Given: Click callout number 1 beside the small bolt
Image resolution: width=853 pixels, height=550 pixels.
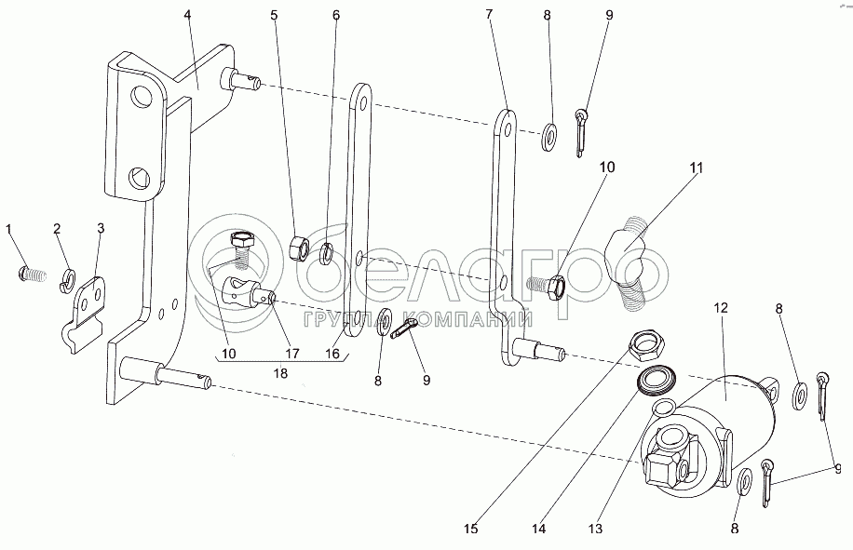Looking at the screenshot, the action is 10,228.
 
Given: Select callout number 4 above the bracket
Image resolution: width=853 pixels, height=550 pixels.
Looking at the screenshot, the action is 187,15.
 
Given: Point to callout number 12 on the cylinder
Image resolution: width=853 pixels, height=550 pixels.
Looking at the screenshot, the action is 720,307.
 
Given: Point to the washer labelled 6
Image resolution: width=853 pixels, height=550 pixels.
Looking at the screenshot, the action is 328,253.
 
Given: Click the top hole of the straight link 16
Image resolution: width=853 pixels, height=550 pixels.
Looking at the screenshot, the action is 360,96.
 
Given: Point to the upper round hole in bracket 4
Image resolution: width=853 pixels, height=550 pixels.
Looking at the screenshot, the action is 142,97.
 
